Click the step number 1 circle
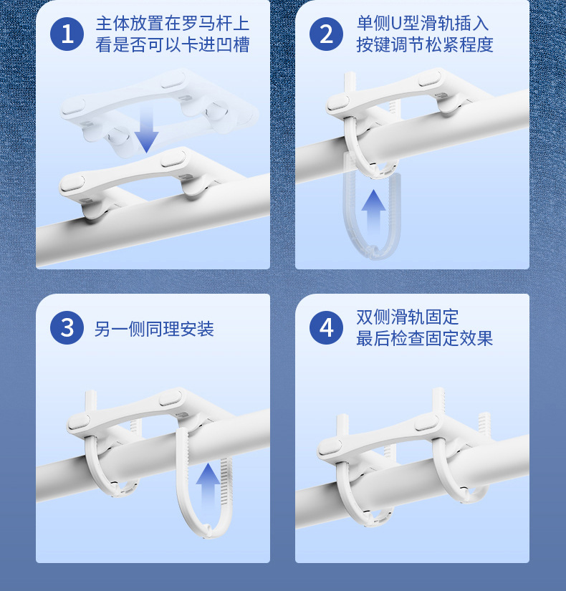click(67, 34)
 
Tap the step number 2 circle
click(327, 34)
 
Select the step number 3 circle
click(67, 328)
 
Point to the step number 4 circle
click(327, 328)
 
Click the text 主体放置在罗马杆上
click(172, 22)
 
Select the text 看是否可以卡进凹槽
click(172, 44)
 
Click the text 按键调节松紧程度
click(424, 44)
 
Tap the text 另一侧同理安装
click(154, 329)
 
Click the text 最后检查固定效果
click(424, 338)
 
